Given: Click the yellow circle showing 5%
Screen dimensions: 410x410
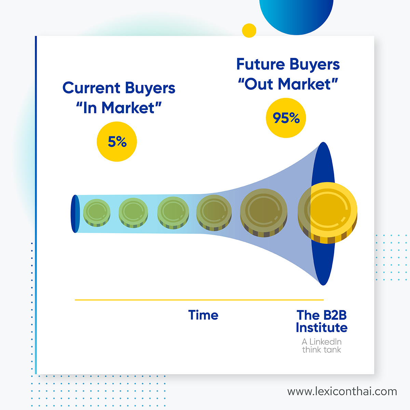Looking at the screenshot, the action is [117, 141].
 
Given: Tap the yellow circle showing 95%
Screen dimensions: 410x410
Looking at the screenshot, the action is [286, 118].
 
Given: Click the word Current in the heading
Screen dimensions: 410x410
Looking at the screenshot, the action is [91, 88].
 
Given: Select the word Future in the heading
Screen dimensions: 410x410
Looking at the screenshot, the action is [260, 64].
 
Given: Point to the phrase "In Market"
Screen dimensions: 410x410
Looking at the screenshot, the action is [119, 108].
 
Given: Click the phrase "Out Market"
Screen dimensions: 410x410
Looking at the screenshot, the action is [288, 84].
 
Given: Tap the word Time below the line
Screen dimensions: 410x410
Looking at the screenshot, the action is [203, 315].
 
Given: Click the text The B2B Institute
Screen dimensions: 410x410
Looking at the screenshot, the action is [322, 321].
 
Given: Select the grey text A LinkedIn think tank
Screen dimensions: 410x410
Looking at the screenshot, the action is [322, 345].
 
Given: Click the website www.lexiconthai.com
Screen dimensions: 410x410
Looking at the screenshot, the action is [342, 392].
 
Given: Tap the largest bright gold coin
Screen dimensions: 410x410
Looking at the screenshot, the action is [327, 213].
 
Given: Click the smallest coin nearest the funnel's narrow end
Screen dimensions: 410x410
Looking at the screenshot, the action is [97, 213].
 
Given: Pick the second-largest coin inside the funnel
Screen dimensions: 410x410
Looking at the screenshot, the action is [263, 213].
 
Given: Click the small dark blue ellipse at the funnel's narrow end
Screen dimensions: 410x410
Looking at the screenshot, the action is [75, 214].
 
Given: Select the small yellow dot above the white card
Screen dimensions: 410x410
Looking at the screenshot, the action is [249, 30].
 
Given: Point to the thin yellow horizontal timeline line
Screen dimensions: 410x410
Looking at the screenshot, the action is [199, 300].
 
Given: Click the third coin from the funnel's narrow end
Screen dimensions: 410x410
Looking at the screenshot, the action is [173, 213].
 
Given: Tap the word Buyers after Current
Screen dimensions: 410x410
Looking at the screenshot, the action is [150, 88].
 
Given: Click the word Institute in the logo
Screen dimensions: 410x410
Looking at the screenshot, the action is [322, 327].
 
